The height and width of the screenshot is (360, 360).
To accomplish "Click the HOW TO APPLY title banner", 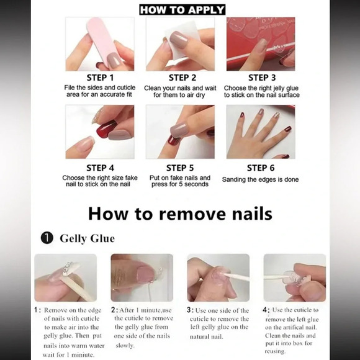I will pyautogui.click(x=182, y=9).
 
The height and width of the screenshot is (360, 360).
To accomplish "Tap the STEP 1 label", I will pyautogui.click(x=99, y=78).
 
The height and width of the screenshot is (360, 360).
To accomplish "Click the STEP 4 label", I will pyautogui.click(x=99, y=168).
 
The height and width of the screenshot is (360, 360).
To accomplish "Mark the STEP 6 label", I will pyautogui.click(x=265, y=168).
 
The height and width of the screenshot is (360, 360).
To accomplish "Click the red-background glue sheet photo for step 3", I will pyautogui.click(x=260, y=43).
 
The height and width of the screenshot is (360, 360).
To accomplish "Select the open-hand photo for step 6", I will pyautogui.click(x=260, y=132).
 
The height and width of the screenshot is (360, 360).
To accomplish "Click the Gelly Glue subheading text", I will pyautogui.click(x=88, y=238).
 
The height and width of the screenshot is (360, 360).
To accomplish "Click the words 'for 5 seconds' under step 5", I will pyautogui.click(x=180, y=185).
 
